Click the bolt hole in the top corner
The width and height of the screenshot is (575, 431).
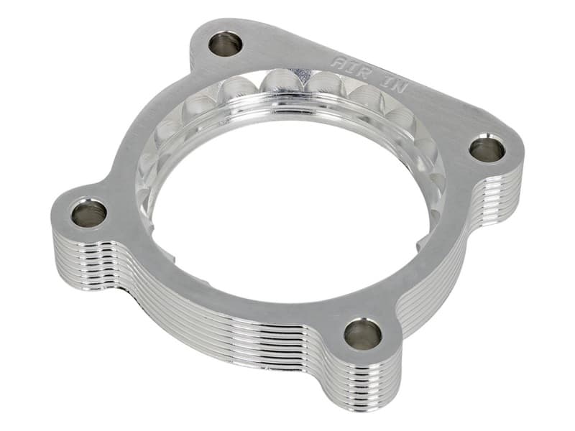(226, 44)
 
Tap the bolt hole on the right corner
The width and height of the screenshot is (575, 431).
(487, 149)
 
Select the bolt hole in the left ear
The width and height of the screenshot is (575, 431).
(88, 213)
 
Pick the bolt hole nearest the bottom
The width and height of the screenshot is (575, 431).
(362, 333)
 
